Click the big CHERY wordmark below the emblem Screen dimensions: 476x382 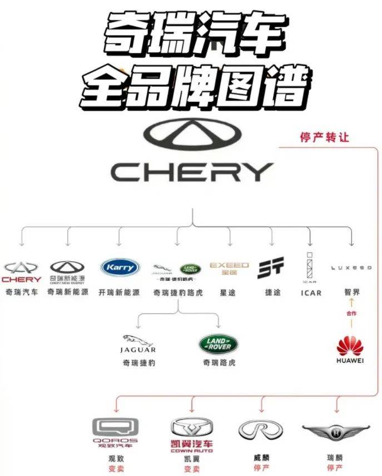191,172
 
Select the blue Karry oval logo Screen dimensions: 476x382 120,267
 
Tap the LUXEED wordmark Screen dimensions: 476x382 351,267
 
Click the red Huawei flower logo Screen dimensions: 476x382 350,346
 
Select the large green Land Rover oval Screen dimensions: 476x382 219,344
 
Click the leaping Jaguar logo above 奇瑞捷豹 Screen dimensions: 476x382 138,340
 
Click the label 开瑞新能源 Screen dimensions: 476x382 119,292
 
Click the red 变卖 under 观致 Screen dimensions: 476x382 116,469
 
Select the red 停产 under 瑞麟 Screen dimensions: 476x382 335,468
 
